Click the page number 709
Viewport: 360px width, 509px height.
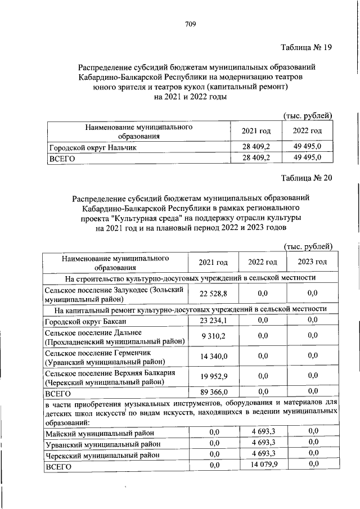pos(190,24)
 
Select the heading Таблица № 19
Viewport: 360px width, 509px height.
pos(306,47)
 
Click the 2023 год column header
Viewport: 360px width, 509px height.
pos(312,262)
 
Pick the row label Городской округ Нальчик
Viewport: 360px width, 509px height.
pos(92,147)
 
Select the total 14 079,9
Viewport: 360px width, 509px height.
pos(263,464)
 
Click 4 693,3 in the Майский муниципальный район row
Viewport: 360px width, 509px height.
pos(263,431)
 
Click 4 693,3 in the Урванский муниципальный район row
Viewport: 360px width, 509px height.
pos(263,443)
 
